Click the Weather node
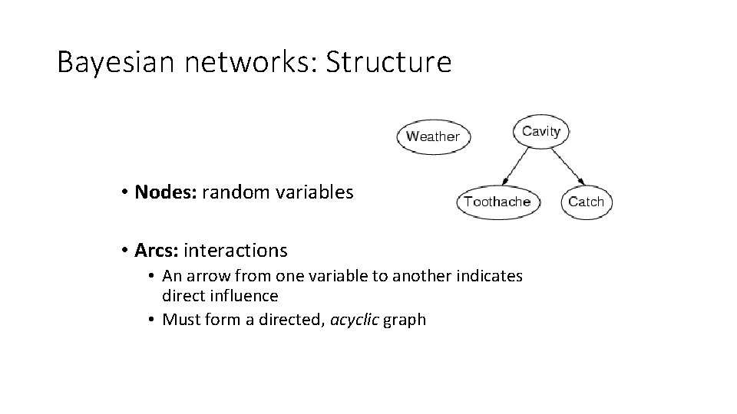pos(433,136)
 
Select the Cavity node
pos(541,131)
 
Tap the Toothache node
pos(497,202)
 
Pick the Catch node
pos(587,202)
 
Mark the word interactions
pos(236,250)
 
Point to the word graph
pos(405,320)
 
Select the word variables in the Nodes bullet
pos(312,192)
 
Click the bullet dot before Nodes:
pos(123,192)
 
